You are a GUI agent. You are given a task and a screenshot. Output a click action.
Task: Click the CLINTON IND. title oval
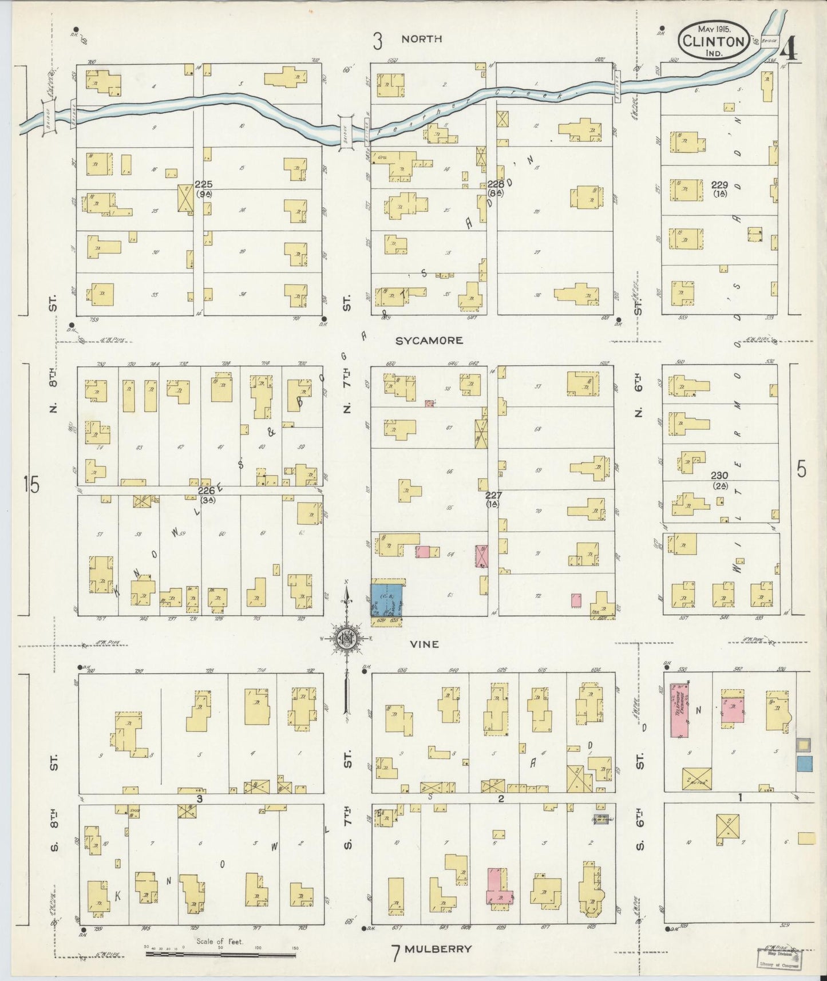coord(713,41)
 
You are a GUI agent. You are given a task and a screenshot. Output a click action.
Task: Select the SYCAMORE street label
coord(429,341)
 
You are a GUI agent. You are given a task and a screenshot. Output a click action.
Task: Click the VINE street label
coord(425,644)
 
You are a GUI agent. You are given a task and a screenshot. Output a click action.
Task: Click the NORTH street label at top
coord(421,39)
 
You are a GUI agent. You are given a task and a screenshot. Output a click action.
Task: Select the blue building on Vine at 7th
coord(386,600)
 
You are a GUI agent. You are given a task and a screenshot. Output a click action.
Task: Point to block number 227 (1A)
coord(493,499)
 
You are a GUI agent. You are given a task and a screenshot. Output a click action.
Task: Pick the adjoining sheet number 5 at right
coord(801,469)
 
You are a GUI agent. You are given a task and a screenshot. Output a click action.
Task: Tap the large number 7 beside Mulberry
coord(395,953)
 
